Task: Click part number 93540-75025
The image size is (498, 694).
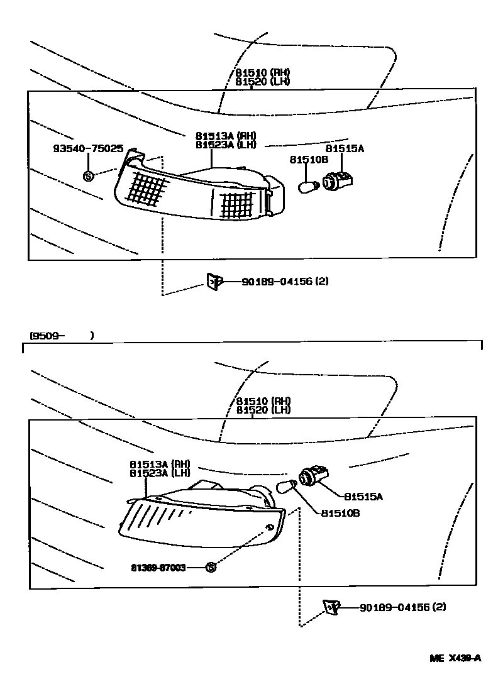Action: pyautogui.click(x=88, y=149)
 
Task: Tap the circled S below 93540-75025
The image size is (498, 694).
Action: pyautogui.click(x=88, y=176)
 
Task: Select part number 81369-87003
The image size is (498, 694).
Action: pyautogui.click(x=158, y=567)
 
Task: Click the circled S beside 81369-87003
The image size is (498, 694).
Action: pyautogui.click(x=211, y=567)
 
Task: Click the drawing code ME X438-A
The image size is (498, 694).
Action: pyautogui.click(x=455, y=658)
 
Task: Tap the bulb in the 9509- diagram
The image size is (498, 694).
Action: pyautogui.click(x=287, y=486)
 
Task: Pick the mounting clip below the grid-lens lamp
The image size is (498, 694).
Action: pyautogui.click(x=213, y=282)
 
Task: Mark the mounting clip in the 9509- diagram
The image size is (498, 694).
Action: pyautogui.click(x=331, y=607)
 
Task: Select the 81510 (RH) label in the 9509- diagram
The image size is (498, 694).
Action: pyautogui.click(x=263, y=401)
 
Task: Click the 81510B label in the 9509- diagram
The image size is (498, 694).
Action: pyautogui.click(x=340, y=513)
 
